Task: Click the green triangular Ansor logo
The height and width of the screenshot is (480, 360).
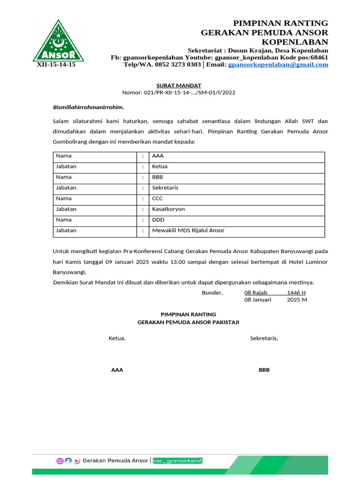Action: coord(58,42)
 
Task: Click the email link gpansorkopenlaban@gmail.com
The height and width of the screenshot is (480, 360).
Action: coord(278,65)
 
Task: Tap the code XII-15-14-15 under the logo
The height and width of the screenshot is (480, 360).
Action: coord(56,65)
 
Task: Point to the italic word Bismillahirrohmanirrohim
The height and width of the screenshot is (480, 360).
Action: coord(88,107)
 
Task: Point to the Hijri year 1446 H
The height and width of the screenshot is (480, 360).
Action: coord(296,292)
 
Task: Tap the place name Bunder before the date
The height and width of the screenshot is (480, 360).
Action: coord(212,292)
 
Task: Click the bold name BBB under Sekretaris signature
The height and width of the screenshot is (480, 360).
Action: coord(264,370)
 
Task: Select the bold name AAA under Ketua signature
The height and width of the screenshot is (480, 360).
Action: coord(117,370)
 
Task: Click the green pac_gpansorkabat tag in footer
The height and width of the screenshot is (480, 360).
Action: coord(178,461)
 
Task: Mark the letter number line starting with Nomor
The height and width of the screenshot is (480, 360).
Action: coord(179,92)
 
